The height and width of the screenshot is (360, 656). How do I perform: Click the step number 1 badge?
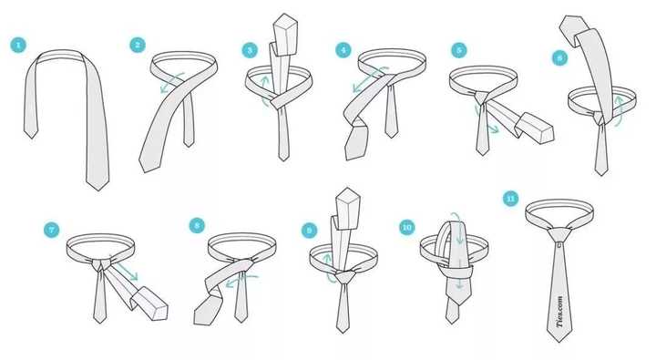(18, 46)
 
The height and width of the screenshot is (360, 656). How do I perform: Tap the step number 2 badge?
(138, 45)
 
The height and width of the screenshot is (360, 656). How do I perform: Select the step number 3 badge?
(250, 51)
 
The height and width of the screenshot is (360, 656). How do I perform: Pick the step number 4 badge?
(343, 50)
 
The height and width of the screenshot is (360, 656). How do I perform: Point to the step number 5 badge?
(459, 51)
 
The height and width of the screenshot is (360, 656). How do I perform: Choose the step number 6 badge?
(559, 57)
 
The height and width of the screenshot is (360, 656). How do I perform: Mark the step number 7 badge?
(51, 230)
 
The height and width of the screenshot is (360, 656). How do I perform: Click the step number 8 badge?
(197, 225)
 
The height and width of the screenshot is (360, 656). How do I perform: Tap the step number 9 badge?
(310, 230)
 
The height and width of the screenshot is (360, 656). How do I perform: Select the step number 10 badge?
(406, 227)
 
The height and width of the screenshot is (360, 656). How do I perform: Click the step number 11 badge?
(510, 199)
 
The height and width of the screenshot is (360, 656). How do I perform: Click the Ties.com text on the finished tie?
(559, 312)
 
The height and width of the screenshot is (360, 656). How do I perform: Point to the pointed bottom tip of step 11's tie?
(559, 342)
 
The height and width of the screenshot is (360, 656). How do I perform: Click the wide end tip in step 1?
(97, 190)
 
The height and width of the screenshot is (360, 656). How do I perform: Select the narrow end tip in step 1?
(31, 138)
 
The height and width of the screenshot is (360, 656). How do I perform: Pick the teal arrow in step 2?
(172, 82)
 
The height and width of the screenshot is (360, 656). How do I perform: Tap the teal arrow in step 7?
(124, 267)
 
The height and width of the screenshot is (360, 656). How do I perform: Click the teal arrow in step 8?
(242, 281)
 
